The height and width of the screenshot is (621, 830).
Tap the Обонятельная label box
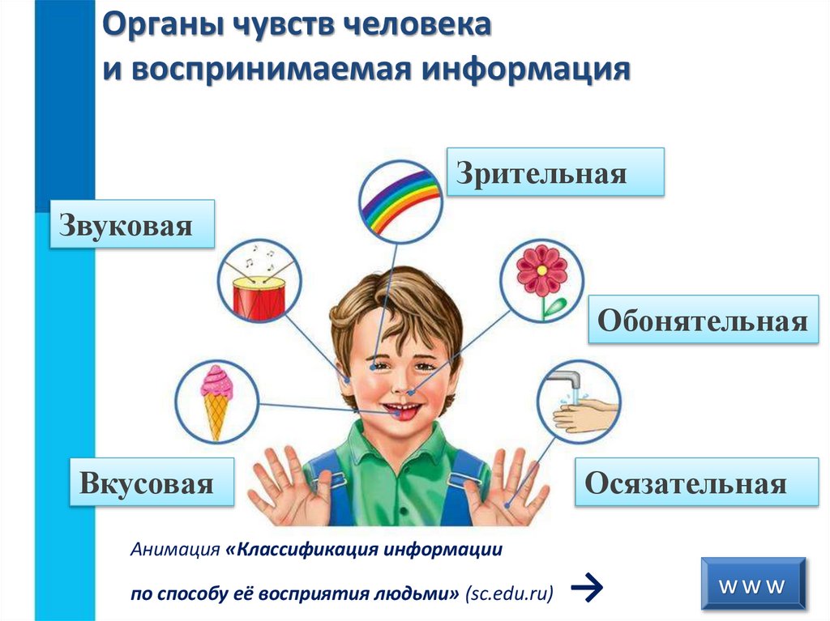[x=703, y=320]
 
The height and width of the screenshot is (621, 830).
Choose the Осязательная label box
[x=686, y=483]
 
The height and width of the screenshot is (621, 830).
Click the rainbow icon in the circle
[x=400, y=198]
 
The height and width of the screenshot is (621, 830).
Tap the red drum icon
[x=259, y=296]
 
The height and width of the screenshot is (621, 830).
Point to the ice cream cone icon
[x=216, y=400]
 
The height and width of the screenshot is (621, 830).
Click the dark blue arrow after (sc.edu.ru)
[x=586, y=592]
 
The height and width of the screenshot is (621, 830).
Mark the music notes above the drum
[x=262, y=257]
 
